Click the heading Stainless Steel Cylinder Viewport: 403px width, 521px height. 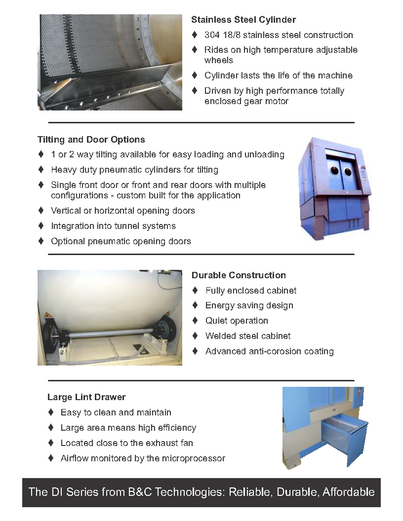(x=243, y=20)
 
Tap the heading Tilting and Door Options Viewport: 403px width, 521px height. (x=91, y=140)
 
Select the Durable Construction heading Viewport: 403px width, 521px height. (x=239, y=275)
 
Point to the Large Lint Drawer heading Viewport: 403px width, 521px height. (x=86, y=397)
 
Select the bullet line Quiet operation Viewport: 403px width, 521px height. (x=237, y=321)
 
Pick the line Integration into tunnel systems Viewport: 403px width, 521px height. (x=114, y=226)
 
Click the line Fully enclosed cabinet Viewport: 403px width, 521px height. (x=251, y=291)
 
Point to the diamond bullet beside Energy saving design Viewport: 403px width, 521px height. (x=195, y=305)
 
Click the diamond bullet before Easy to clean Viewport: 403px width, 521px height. (x=51, y=412)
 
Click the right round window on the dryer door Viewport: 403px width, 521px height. (x=348, y=172)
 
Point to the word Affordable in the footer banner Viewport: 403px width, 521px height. (x=349, y=492)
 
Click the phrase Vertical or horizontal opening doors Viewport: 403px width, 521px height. (x=123, y=211)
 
